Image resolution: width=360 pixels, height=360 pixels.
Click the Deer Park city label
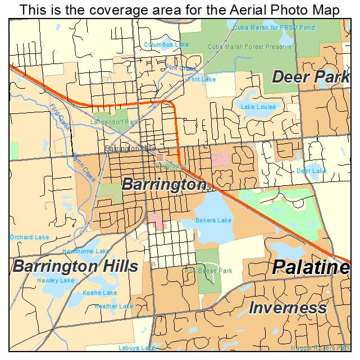pos(311,77)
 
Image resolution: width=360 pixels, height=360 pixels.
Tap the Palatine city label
pos(311,268)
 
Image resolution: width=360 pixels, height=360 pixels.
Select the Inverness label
pos(288,308)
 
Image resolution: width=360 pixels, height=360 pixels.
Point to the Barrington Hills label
pos(75,266)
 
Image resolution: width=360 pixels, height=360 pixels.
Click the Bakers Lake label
pos(213,220)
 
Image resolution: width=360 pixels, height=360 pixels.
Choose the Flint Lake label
pos(202,79)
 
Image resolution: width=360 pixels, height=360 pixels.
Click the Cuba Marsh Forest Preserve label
pos(250,47)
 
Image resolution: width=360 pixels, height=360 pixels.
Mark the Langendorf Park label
pos(114,122)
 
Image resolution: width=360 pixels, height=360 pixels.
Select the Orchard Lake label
pos(29,237)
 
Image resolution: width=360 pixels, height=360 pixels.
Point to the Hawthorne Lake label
pos(86,251)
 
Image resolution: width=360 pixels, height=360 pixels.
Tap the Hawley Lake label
pos(56,280)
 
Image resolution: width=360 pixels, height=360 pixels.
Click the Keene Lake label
pos(100,293)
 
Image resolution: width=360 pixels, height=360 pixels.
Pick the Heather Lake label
pos(114,306)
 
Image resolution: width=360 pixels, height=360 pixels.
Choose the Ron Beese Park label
pos(208,271)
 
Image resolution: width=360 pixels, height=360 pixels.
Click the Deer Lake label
pos(311,171)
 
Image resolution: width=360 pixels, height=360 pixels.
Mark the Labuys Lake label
pos(136,348)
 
